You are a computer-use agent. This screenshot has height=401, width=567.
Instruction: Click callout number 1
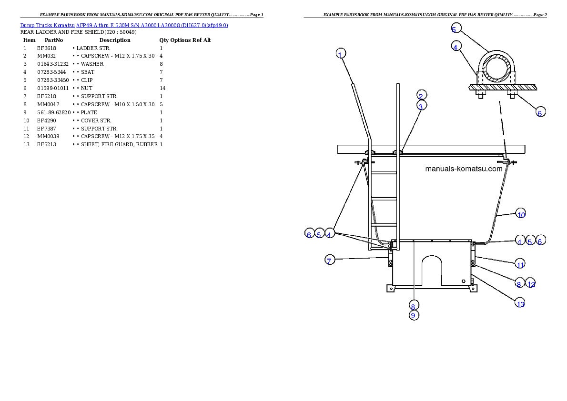tap(340, 53)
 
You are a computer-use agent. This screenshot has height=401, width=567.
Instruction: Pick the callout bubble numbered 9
tap(414, 315)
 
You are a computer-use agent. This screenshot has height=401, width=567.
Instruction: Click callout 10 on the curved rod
tap(521, 214)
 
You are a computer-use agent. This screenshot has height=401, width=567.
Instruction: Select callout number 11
tap(520, 264)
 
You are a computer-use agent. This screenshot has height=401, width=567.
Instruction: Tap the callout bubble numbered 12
tap(531, 284)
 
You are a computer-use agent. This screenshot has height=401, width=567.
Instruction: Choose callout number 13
tap(520, 303)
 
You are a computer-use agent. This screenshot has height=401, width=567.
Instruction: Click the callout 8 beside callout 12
tap(519, 284)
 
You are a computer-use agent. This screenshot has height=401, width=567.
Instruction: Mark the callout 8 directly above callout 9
tap(414, 305)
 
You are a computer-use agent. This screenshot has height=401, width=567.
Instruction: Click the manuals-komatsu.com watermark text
tap(463, 169)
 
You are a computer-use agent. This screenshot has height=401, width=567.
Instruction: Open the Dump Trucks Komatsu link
tap(124, 25)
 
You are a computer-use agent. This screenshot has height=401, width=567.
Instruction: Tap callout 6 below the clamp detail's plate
tap(539, 112)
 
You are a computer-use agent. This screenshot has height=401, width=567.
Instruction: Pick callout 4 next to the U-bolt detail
tap(456, 47)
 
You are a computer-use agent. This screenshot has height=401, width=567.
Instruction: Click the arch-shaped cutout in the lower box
tap(432, 269)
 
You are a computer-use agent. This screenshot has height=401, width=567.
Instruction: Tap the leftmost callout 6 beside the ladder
tap(309, 234)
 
